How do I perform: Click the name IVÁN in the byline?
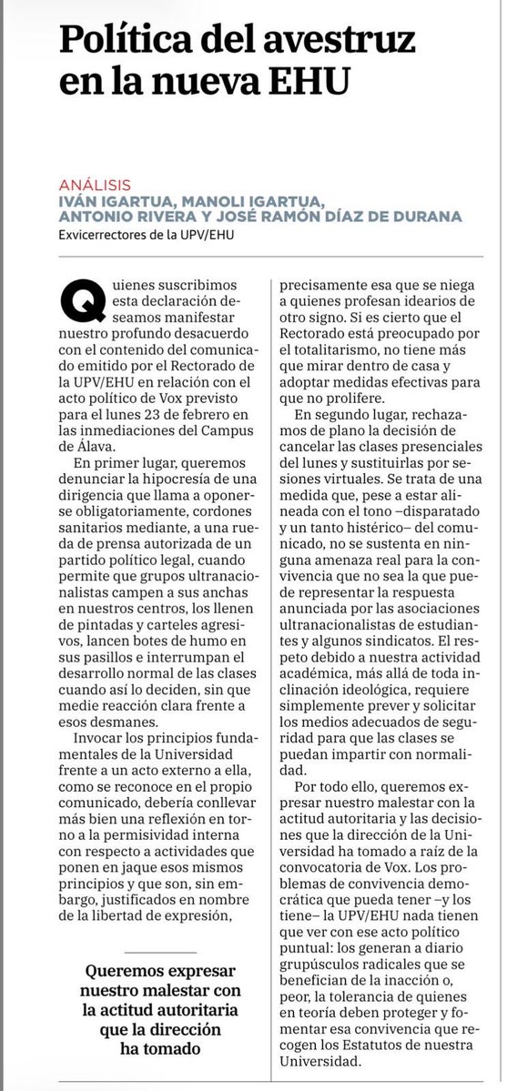78,200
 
